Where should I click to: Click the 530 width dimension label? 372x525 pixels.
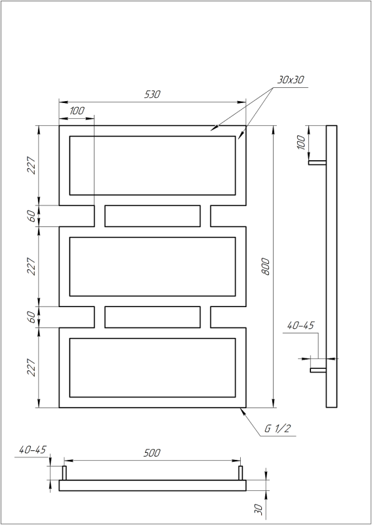point(152,94)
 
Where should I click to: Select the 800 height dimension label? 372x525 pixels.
point(266,266)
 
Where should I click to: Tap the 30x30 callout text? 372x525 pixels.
point(291,79)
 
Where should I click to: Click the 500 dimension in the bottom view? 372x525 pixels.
point(152,453)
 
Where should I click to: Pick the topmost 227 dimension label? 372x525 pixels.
point(31,165)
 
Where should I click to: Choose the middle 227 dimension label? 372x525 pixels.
point(31,266)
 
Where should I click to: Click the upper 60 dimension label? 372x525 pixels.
point(31,216)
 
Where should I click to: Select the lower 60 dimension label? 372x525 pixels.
point(31,317)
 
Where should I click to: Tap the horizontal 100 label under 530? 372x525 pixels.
point(76,111)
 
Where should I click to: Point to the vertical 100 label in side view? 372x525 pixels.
point(301,143)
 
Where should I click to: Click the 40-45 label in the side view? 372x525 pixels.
point(300,325)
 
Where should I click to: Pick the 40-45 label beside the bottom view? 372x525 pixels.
point(33,450)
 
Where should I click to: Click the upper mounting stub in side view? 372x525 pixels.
point(318,162)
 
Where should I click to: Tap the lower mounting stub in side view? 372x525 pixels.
point(318,371)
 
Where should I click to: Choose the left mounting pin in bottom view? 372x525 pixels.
point(64,472)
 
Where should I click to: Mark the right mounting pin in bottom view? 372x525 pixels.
point(241,472)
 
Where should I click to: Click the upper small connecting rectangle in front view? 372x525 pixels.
point(152,215)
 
